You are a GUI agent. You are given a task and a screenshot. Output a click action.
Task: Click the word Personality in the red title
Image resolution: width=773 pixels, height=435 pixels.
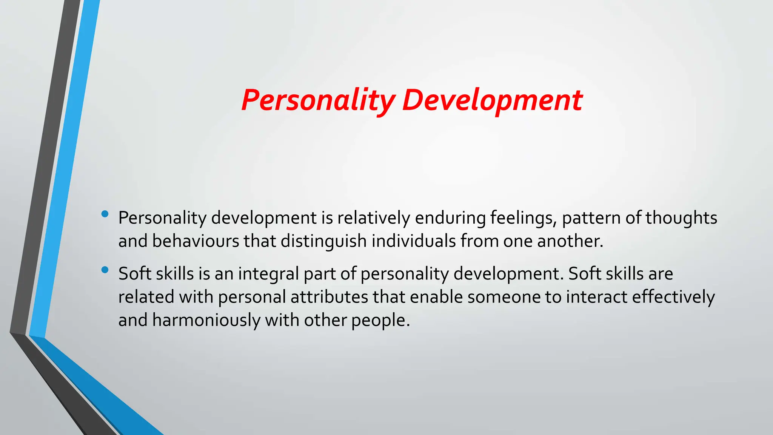tap(318, 100)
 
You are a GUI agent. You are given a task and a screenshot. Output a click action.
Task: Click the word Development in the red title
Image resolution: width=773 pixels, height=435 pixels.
tap(492, 100)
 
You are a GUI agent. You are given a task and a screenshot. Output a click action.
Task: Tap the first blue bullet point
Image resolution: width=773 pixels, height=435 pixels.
tap(105, 214)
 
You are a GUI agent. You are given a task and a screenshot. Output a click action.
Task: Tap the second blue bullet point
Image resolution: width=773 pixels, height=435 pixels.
tap(105, 270)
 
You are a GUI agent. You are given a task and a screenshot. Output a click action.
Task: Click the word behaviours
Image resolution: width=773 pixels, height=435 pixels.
tap(196, 241)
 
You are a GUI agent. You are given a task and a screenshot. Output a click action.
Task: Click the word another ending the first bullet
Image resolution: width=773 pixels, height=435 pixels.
tap(570, 241)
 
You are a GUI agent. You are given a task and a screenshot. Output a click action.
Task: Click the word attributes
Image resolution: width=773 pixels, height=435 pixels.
tap(329, 297)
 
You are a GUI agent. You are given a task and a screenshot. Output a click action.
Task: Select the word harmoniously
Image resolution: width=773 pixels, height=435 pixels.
tap(206, 320)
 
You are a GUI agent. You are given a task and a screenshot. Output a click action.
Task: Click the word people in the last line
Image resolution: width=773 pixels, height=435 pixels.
tap(380, 320)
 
